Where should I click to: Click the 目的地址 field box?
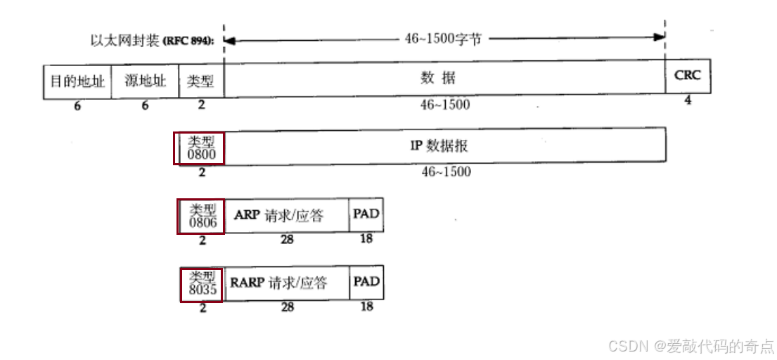point(77,80)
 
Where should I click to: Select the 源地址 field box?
point(146,80)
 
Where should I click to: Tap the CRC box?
point(688,76)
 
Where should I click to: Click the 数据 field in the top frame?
point(444,78)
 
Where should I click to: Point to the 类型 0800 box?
point(200,146)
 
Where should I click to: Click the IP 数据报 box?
point(444,146)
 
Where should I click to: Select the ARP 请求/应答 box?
point(286,215)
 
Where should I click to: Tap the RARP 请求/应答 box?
point(286,283)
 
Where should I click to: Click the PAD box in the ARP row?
point(366,214)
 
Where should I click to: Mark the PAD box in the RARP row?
point(366,282)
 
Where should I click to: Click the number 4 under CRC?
point(688,100)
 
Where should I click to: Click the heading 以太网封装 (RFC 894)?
point(154,40)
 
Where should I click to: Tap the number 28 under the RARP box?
point(286,307)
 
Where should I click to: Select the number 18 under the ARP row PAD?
point(366,239)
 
